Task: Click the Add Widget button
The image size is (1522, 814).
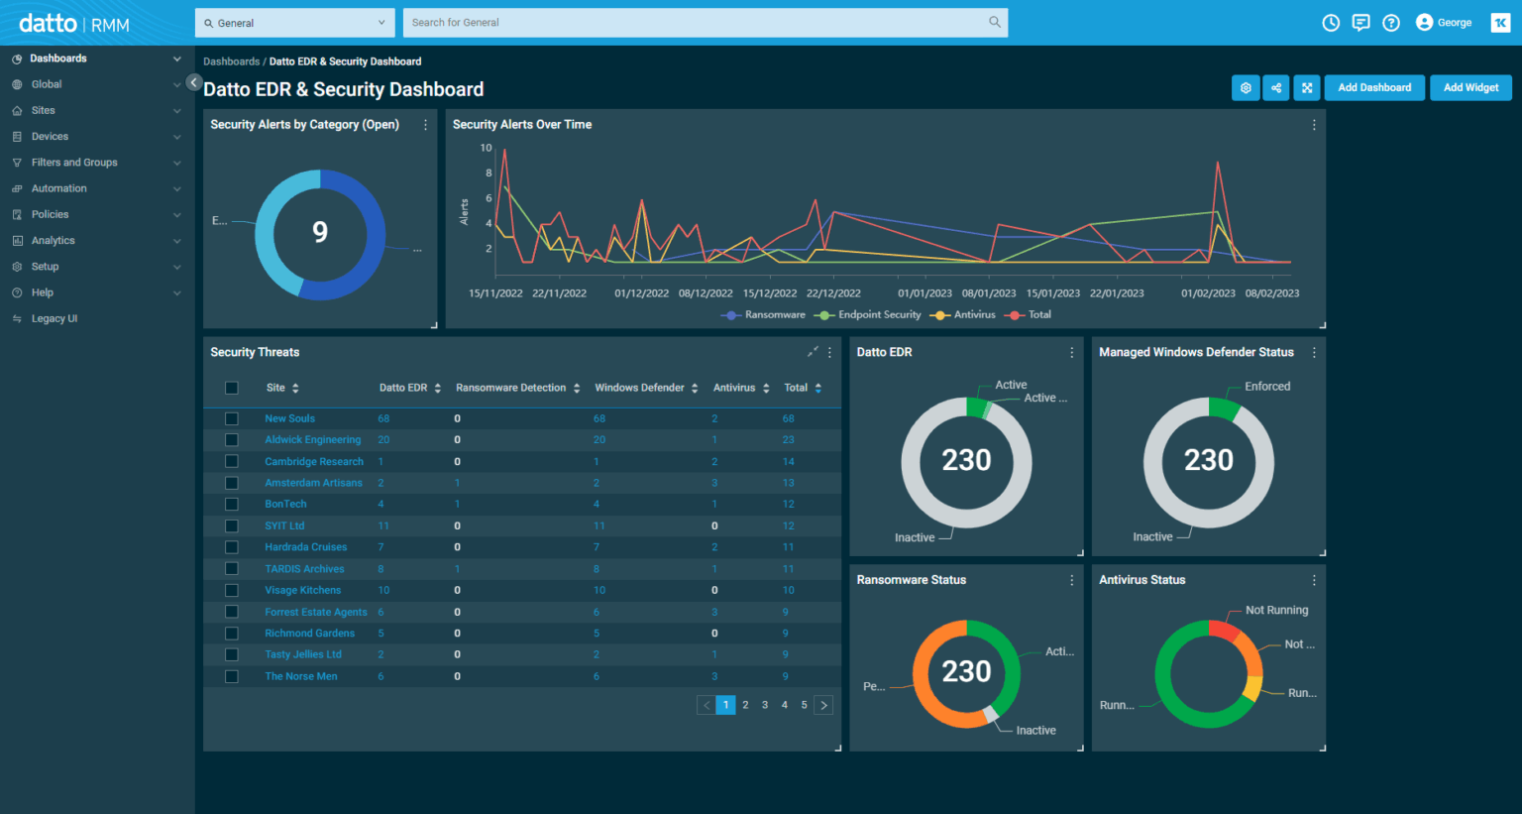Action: (x=1470, y=87)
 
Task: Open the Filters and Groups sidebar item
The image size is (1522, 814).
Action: (x=74, y=163)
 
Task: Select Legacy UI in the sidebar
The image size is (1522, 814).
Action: (x=54, y=318)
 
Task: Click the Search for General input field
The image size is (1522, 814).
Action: (x=694, y=23)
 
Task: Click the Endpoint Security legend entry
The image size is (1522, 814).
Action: (x=879, y=315)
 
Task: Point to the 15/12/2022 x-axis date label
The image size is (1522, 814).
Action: (x=770, y=293)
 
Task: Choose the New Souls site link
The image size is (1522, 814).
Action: (x=289, y=418)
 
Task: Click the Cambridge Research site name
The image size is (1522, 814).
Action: (x=313, y=462)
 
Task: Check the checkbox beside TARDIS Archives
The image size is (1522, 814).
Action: (x=232, y=569)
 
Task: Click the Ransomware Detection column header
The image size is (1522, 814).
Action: (x=510, y=388)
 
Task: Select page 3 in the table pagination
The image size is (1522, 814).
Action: (x=765, y=705)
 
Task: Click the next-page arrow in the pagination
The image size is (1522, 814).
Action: (x=823, y=705)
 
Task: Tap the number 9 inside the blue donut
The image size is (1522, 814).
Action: (x=320, y=232)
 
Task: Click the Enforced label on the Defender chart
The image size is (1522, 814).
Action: (x=1267, y=387)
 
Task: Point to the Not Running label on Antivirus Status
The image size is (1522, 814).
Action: (x=1276, y=611)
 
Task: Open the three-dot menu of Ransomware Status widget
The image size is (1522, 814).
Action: (x=1071, y=580)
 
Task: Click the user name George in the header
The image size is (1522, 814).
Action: (x=1454, y=23)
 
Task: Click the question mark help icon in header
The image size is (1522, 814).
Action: (x=1391, y=23)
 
